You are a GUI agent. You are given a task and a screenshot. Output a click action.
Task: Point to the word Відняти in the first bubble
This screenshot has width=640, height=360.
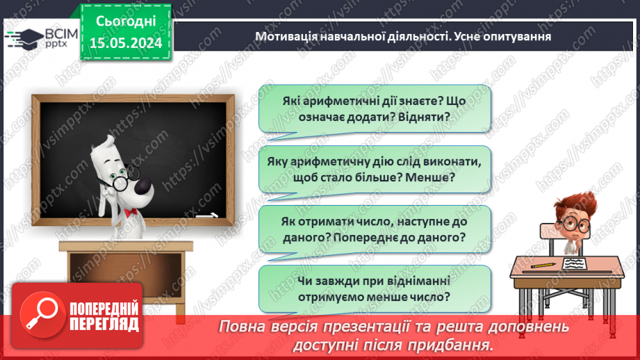429,117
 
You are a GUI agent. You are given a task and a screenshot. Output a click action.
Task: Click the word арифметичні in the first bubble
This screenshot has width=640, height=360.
336,100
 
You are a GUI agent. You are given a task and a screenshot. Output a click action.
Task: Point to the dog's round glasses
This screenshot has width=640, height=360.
120,182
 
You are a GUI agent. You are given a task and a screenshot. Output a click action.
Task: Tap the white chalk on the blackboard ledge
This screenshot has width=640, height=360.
206,218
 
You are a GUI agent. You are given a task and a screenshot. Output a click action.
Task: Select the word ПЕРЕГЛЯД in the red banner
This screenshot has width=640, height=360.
104,324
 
